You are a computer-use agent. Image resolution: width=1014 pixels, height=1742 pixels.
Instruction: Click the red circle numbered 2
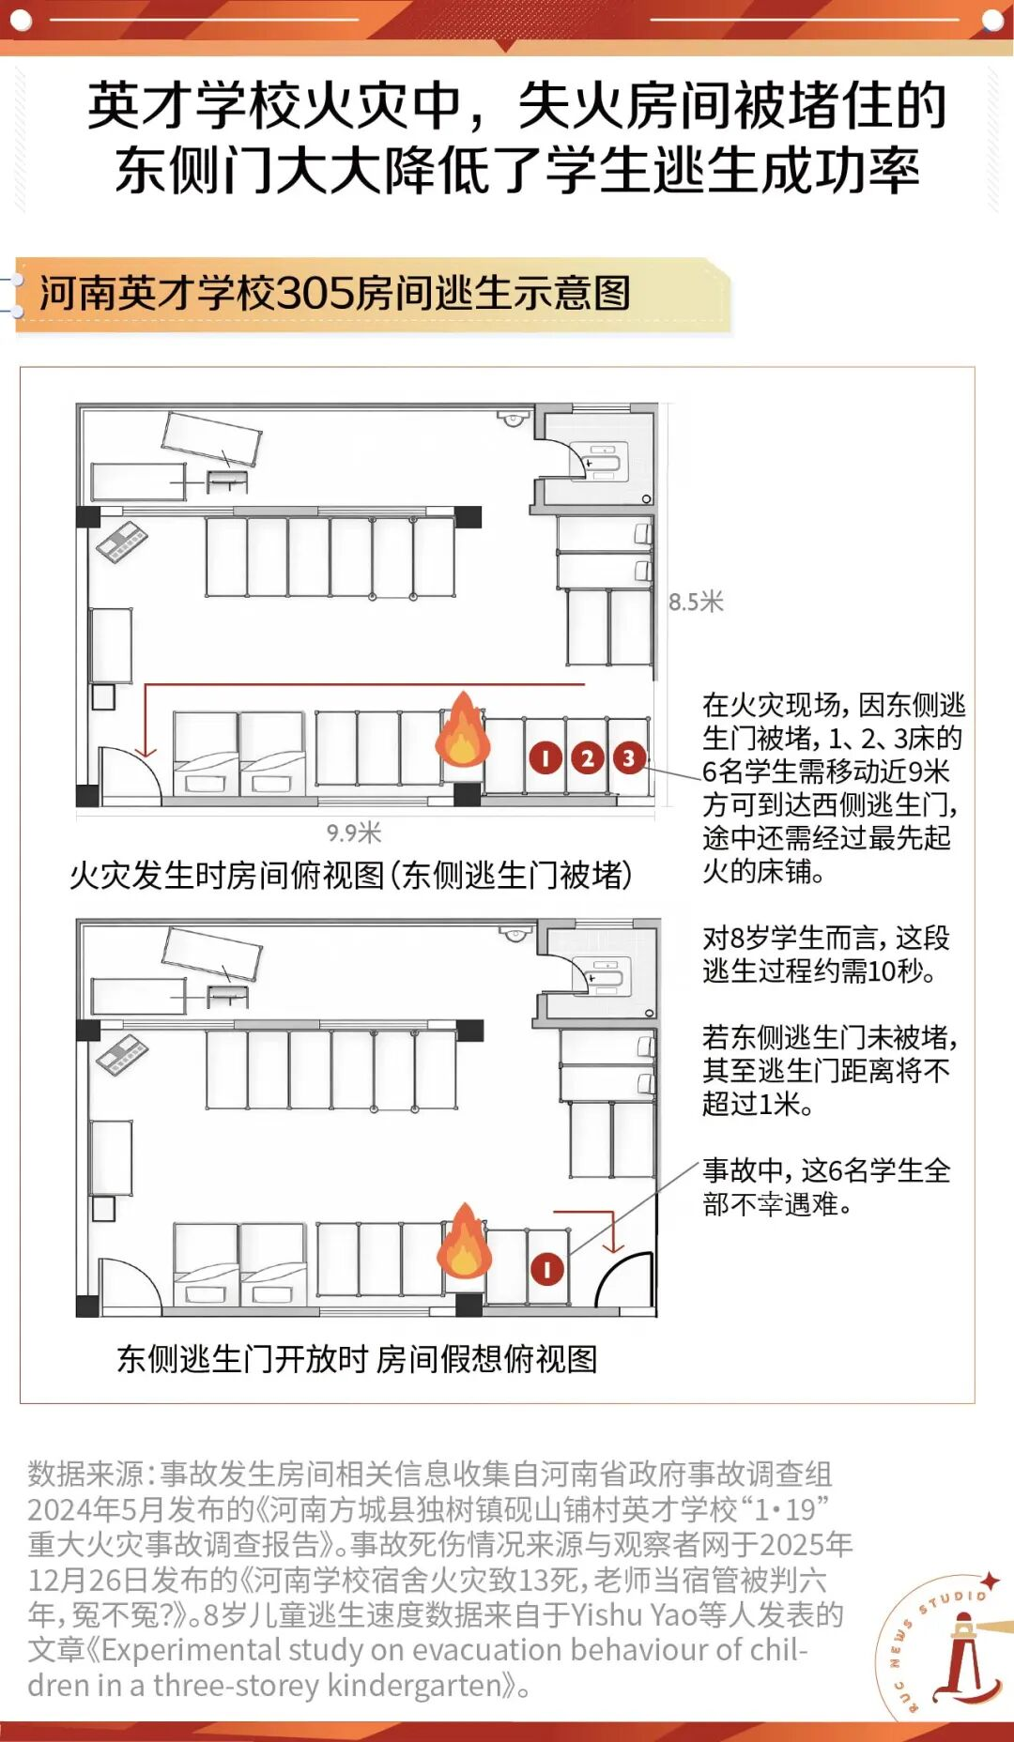pos(588,758)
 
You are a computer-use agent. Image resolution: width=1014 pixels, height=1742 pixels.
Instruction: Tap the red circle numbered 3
pos(629,757)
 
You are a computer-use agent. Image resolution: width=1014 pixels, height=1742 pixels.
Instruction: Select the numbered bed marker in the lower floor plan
pos(546,1270)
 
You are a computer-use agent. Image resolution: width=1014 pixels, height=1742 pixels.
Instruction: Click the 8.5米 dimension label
pos(696,603)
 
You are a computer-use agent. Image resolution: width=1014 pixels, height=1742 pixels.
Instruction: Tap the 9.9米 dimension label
pos(354,833)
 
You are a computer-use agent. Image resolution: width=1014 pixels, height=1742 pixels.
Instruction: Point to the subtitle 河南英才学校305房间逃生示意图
pos(335,293)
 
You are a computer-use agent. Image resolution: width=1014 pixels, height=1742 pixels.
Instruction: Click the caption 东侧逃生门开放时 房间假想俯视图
pos(357,1358)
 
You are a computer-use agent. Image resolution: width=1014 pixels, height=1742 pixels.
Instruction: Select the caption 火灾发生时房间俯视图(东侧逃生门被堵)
pos(351,875)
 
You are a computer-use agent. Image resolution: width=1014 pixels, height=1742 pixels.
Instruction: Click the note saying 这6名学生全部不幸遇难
pos(826,1187)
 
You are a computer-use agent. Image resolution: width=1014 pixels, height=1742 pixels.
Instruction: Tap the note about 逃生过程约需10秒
pos(826,955)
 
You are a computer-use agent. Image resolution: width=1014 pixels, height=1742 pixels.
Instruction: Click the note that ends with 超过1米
pos(830,1071)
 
